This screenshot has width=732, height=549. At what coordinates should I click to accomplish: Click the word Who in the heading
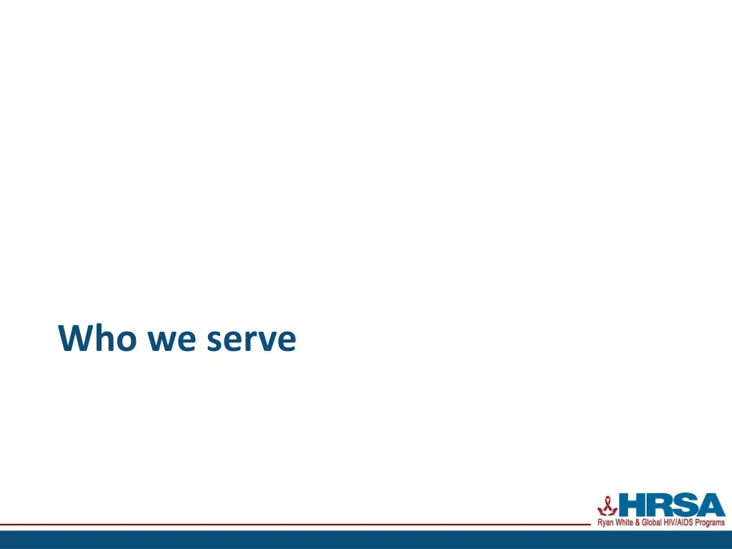coord(97,338)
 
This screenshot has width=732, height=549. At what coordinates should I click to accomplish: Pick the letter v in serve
coord(267,342)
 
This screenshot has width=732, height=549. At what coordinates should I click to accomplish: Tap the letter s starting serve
coord(215,342)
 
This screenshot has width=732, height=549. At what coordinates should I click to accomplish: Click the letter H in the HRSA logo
coord(633,506)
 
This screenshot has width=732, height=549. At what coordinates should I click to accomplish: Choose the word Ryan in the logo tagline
coord(606,523)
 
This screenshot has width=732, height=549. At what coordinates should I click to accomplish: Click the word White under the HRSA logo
coord(626,523)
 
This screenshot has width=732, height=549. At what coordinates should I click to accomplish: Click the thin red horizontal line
coord(286,525)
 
